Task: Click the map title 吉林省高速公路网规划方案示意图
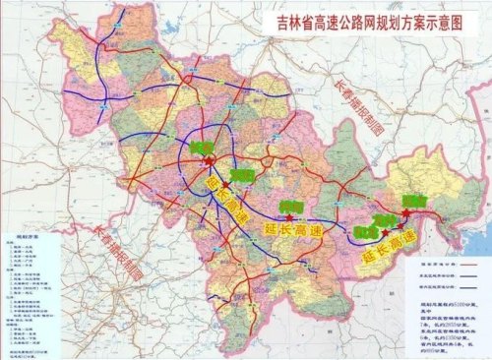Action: click(356, 19)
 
